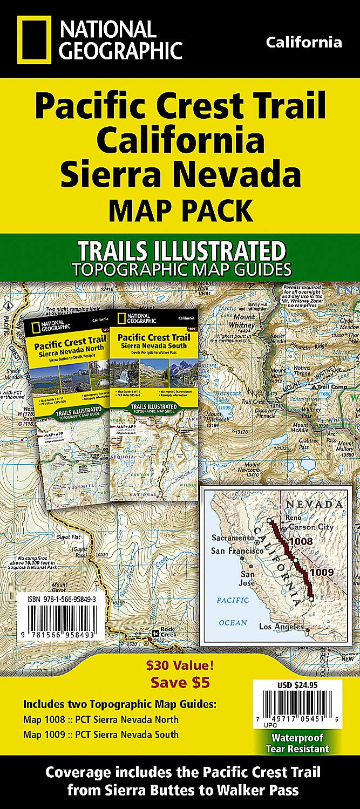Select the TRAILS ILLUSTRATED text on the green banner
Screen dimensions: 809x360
181,251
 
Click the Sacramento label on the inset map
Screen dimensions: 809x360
232,522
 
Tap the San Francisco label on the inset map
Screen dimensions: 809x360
237,536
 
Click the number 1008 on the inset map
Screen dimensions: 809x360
301,540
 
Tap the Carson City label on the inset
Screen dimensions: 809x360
311,527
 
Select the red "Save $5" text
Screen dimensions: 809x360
180,682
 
